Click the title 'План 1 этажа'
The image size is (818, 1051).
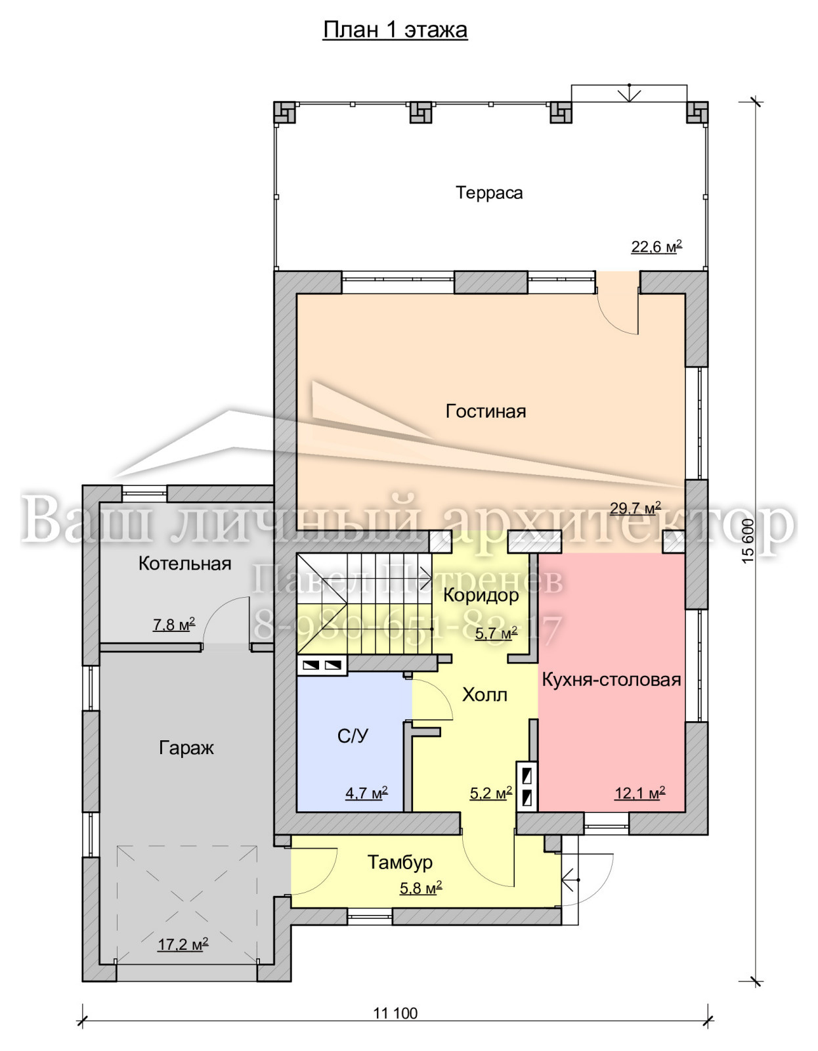coord(395,30)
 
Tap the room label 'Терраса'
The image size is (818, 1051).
coord(489,193)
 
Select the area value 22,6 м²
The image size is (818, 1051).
coord(657,247)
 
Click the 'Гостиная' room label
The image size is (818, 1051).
coord(486,412)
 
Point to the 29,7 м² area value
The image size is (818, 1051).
coord(635,508)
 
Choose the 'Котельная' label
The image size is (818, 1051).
coord(185,564)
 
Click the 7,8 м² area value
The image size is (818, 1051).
coord(174,625)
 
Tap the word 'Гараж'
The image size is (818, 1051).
coord(186,748)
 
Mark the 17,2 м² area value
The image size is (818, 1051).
coord(183,944)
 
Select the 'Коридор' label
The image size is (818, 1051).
coord(481,595)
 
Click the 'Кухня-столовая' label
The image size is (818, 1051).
coord(611,680)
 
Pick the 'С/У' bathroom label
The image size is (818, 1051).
coord(353,736)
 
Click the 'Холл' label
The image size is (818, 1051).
coord(484,695)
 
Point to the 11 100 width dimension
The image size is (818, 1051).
coord(395,1009)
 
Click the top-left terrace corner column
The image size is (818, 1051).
coord(285,112)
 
